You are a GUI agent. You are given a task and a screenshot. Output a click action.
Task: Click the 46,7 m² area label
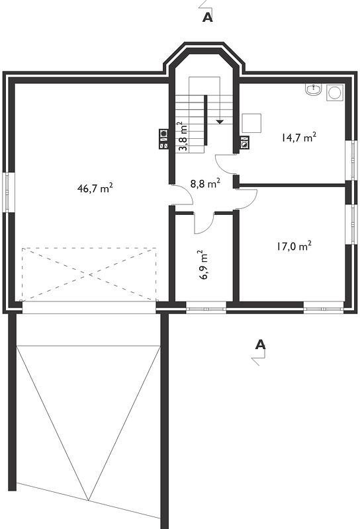pyautogui.click(x=95, y=188)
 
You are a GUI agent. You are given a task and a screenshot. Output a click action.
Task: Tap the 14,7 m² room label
pyautogui.click(x=299, y=138)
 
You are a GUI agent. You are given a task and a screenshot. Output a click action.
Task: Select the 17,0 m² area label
pyautogui.click(x=294, y=246)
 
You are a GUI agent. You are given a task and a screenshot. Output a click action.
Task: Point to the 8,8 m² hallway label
pyautogui.click(x=205, y=184)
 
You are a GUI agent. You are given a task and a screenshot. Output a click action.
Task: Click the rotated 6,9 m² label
pyautogui.click(x=203, y=265)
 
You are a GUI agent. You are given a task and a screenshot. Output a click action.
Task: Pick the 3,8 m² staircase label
pyautogui.click(x=183, y=137)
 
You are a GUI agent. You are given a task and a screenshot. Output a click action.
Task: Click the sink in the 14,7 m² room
pyautogui.click(x=314, y=90)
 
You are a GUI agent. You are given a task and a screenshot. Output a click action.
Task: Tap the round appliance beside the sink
pyautogui.click(x=335, y=93)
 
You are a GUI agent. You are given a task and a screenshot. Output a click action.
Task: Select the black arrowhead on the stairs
pyautogui.click(x=220, y=122)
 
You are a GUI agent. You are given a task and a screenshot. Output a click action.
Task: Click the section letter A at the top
pyautogui.click(x=208, y=18)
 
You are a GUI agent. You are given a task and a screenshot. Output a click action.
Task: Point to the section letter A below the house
pyautogui.click(x=260, y=345)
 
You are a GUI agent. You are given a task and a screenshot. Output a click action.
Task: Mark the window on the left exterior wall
pyautogui.click(x=9, y=192)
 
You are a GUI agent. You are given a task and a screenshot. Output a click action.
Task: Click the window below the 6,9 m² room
pyautogui.click(x=206, y=308)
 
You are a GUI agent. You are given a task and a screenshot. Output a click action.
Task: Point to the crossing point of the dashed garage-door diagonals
pyautogui.click(x=89, y=274)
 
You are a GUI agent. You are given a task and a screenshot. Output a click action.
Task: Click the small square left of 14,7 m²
pyautogui.click(x=251, y=123)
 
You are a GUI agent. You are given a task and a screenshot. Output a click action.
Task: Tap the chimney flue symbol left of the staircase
pyautogui.click(x=163, y=139)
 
